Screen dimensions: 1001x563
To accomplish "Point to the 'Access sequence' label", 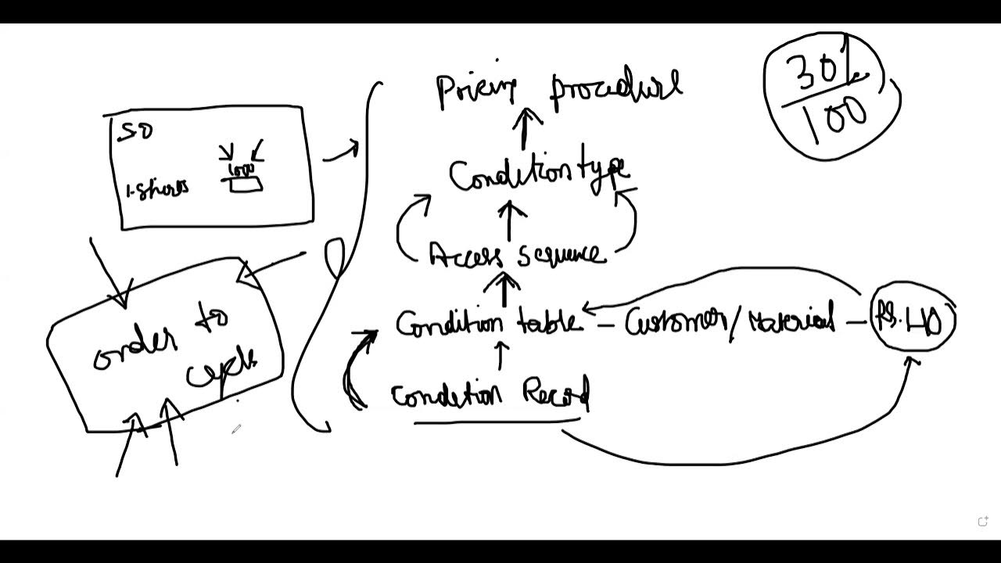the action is pos(517,254).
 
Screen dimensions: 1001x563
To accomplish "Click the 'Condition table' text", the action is pos(488,323).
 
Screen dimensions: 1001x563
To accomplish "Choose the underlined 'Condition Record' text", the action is pos(490,395).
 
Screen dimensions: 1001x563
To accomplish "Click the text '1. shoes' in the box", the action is pos(157,190).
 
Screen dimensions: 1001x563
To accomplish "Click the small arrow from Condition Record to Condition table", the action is pos(500,357).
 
